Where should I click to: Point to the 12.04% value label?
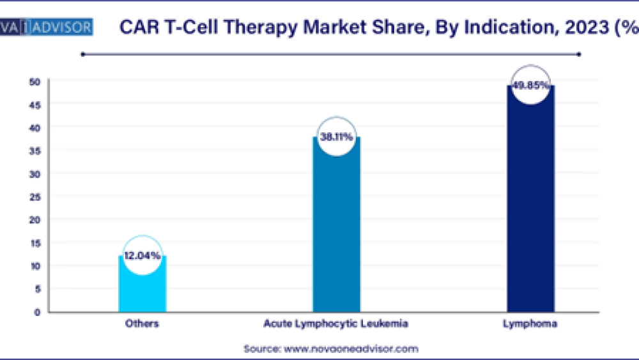pos(142,255)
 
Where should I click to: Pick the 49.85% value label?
pos(530,84)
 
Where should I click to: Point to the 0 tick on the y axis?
pos(37,312)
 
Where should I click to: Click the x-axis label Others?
pos(142,324)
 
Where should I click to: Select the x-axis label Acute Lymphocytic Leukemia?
pos(336,324)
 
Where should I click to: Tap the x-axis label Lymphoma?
pos(530,324)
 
